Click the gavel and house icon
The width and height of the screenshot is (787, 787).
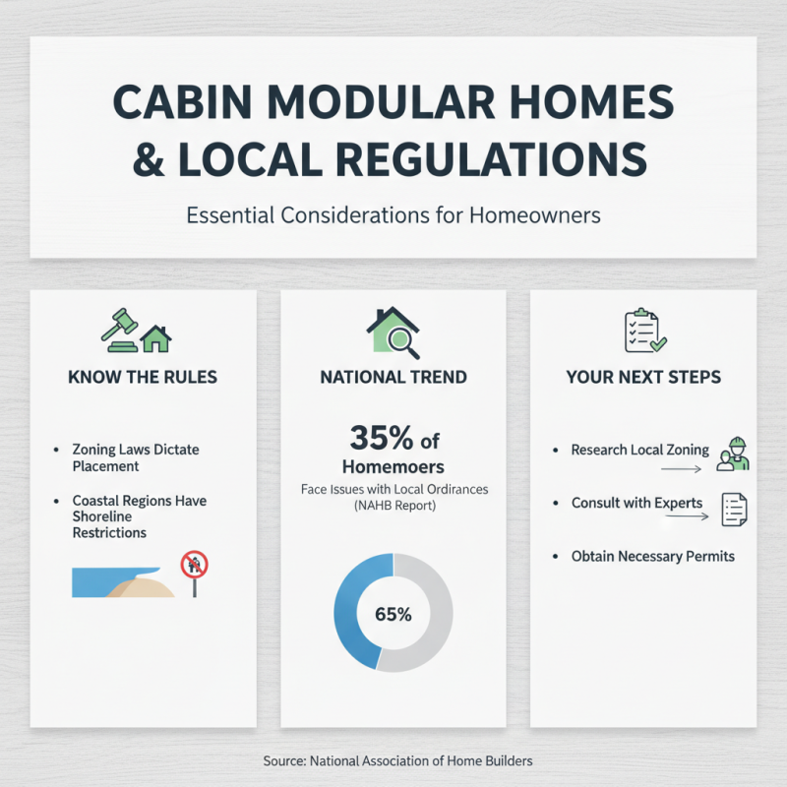(137, 333)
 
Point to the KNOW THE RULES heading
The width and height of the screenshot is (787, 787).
(143, 377)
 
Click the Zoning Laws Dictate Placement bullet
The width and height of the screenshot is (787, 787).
(135, 457)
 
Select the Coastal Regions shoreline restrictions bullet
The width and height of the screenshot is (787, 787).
(138, 516)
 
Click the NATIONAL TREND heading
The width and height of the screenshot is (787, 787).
(393, 377)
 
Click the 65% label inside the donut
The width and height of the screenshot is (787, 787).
(393, 614)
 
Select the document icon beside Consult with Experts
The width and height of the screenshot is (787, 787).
(734, 508)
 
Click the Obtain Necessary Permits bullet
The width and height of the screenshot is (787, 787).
(652, 556)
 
